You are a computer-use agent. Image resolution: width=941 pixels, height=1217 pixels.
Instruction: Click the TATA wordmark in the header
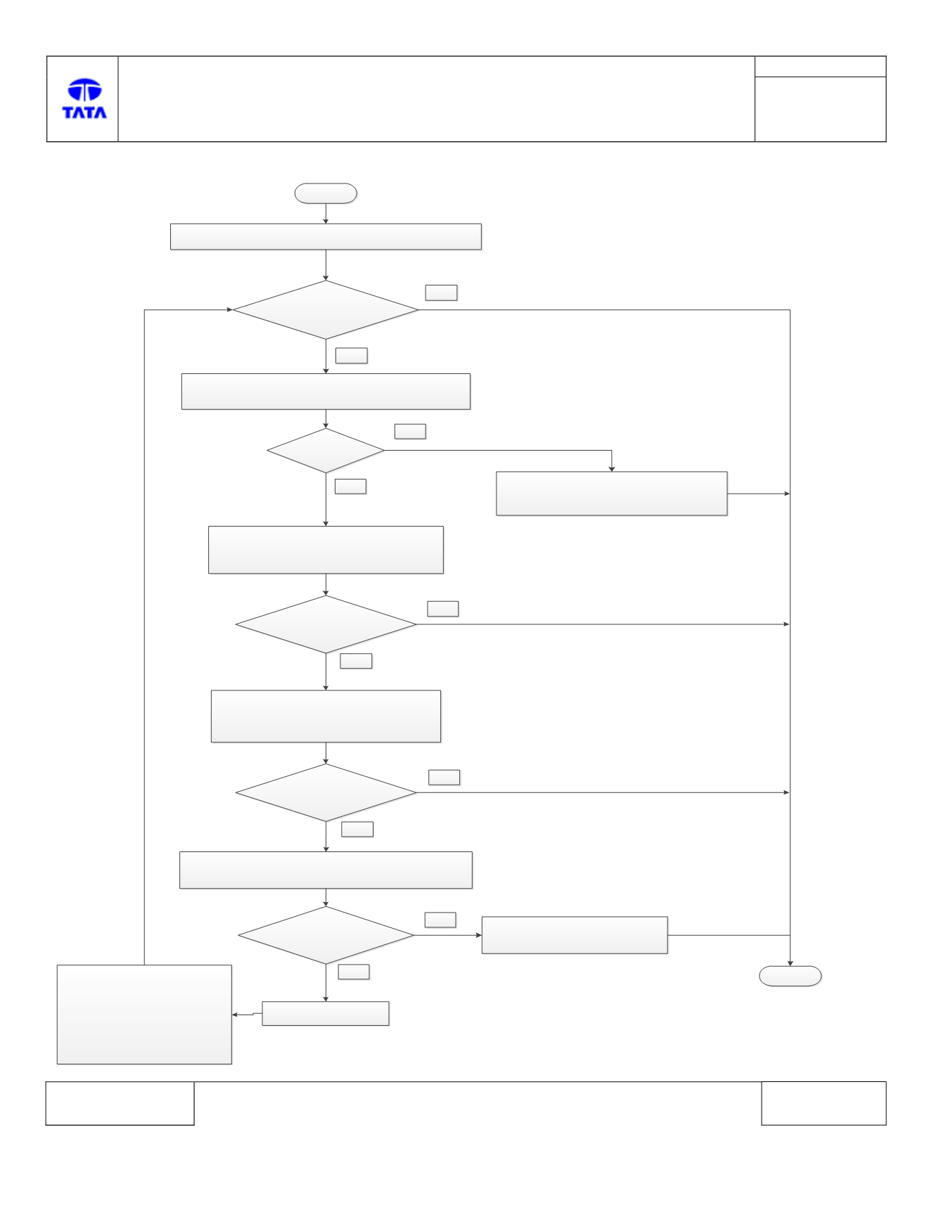pos(84,112)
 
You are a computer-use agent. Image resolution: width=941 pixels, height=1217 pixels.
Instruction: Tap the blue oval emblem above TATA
pos(84,90)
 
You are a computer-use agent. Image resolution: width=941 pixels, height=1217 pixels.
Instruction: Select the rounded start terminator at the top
pos(326,193)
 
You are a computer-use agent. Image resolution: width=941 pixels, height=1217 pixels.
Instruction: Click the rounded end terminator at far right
pos(790,976)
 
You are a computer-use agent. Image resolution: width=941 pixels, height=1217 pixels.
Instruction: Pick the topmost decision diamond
pos(326,310)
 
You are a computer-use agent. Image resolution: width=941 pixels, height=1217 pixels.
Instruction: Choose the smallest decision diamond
pos(326,451)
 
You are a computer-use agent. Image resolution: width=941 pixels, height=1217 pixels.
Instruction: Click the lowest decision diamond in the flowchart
pos(326,935)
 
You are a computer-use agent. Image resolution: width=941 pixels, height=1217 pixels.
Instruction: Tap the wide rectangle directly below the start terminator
pos(326,237)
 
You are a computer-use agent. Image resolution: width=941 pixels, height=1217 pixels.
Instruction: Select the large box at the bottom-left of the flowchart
pos(144,1015)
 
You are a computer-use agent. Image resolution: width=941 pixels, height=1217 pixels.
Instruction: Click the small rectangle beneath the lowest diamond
pos(326,1014)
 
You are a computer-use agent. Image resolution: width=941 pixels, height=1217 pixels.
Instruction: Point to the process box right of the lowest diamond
pos(575,935)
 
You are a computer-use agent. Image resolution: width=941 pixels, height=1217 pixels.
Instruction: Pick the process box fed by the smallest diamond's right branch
pos(612,494)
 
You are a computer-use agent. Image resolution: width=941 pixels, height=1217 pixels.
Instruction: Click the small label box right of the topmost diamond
pos(441,292)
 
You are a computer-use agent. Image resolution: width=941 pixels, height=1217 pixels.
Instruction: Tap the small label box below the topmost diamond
pos(352,356)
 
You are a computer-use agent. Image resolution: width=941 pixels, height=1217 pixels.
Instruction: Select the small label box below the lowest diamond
pos(354,972)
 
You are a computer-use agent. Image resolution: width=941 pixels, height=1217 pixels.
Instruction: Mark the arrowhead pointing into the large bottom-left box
pos(235,1015)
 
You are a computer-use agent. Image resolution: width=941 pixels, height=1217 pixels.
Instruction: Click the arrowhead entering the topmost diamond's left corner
pos(229,310)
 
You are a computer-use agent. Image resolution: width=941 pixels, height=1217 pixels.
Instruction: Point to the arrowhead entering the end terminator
pos(790,962)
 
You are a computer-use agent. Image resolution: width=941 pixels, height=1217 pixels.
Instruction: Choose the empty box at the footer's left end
pos(120,1103)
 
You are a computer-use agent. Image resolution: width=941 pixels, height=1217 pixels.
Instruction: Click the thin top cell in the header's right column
pos(820,67)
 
